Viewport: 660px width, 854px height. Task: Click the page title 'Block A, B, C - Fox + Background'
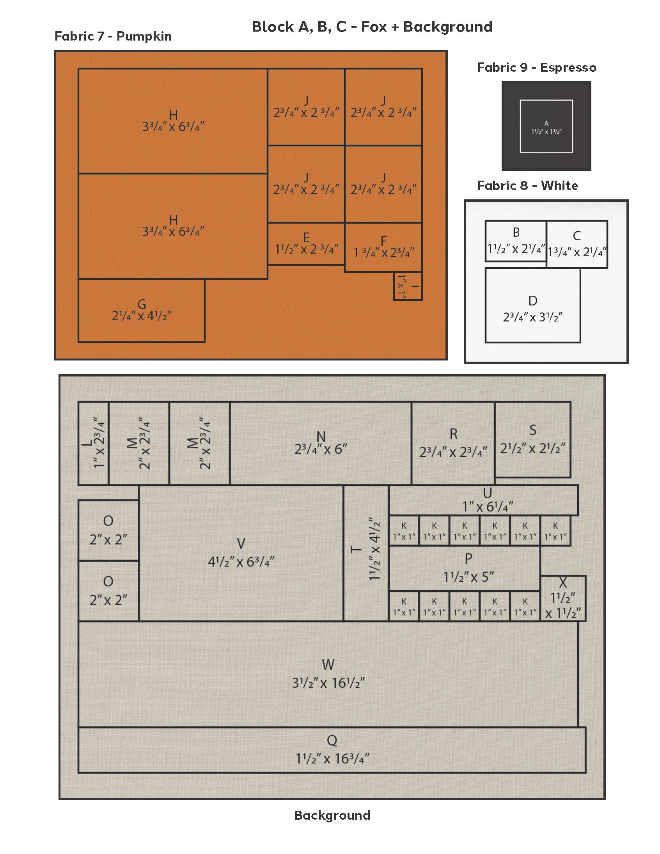[372, 27]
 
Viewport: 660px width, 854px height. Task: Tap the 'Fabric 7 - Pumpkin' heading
[113, 36]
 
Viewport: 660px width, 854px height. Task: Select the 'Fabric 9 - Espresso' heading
[536, 67]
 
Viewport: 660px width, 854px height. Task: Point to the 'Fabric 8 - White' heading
[527, 185]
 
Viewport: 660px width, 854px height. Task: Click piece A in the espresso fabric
[546, 126]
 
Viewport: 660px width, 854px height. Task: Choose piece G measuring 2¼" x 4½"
[142, 311]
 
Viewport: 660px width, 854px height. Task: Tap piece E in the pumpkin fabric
[306, 243]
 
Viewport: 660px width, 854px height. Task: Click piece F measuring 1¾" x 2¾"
[383, 247]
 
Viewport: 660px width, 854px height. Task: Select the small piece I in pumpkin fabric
[408, 286]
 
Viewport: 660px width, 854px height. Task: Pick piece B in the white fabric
[516, 241]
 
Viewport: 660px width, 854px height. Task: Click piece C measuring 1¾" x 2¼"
[577, 244]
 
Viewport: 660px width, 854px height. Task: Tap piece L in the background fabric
[94, 443]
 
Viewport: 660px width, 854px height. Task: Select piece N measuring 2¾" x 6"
[321, 443]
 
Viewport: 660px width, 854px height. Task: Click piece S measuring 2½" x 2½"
[532, 440]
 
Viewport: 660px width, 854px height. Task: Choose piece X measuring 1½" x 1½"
[563, 598]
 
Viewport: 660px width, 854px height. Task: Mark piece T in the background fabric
[366, 553]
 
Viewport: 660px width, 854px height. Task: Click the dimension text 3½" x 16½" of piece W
[328, 683]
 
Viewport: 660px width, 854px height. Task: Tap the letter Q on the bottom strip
[332, 740]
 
